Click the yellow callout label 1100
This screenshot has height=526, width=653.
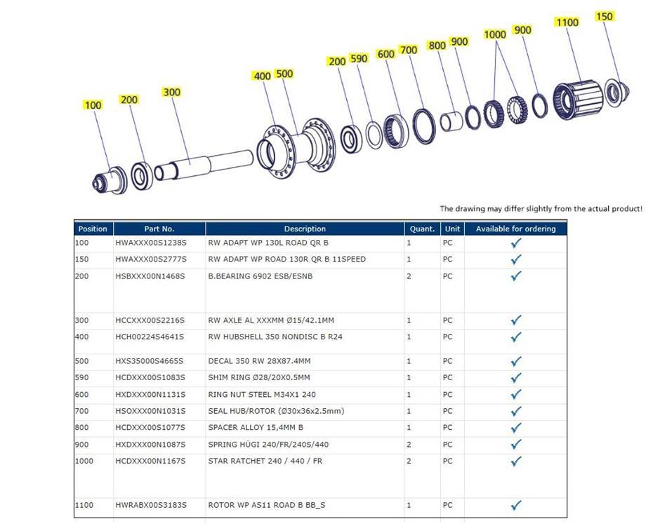567,22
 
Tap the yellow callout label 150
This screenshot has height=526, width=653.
604,16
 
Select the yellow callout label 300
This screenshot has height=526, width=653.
171,92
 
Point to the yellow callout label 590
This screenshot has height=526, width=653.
359,58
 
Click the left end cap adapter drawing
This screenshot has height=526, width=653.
107,179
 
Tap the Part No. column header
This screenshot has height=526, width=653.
159,229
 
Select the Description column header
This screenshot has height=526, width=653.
305,229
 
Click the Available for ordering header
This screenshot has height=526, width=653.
515,229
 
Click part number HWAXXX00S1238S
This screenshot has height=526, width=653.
150,243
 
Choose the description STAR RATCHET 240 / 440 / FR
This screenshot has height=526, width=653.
265,461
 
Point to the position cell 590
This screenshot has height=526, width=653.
83,377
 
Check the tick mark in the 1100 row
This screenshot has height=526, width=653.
516,505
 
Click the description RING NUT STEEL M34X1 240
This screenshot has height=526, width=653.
262,394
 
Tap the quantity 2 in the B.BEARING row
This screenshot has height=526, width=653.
409,276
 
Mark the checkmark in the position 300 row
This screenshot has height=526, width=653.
516,321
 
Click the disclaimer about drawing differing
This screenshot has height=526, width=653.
541,209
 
